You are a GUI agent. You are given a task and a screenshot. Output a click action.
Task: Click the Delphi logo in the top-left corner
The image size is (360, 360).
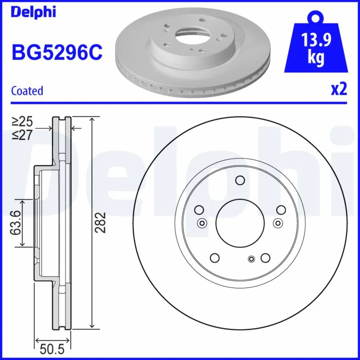33,12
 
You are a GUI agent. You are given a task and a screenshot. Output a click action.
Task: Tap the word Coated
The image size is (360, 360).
27,90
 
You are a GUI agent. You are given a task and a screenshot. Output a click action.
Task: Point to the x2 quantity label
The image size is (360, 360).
339,90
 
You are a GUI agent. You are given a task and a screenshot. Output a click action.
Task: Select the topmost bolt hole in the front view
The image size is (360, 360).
239,181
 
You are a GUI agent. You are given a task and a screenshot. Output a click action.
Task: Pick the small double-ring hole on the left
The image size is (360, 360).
202,223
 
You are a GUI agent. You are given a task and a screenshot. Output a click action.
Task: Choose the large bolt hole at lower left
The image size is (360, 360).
215,258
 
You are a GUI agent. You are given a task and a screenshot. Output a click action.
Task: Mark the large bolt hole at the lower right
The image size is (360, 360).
265,258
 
